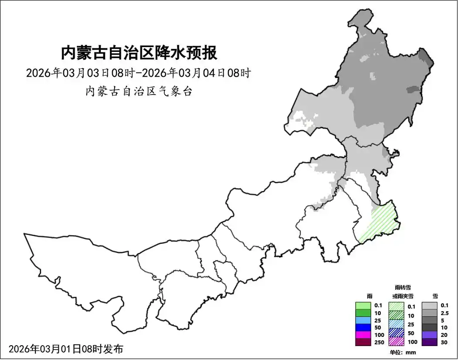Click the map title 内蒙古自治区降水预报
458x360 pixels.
point(139,53)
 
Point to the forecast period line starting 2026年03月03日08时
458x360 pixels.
point(138,73)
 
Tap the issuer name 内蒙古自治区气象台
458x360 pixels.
point(139,92)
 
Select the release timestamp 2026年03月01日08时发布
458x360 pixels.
point(66,349)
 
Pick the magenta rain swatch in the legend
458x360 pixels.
point(363,335)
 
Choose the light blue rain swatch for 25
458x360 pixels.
point(363,320)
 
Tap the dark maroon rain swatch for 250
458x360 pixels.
point(363,342)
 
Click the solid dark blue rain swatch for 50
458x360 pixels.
point(363,327)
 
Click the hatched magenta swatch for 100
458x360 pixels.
point(396,342)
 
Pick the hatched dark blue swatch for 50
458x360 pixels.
point(396,333)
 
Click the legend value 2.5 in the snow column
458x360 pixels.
point(444,313)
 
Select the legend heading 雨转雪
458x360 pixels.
point(403,288)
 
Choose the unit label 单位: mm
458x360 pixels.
point(403,352)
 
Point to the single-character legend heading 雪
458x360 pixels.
point(435,296)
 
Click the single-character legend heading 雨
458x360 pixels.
point(370,296)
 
